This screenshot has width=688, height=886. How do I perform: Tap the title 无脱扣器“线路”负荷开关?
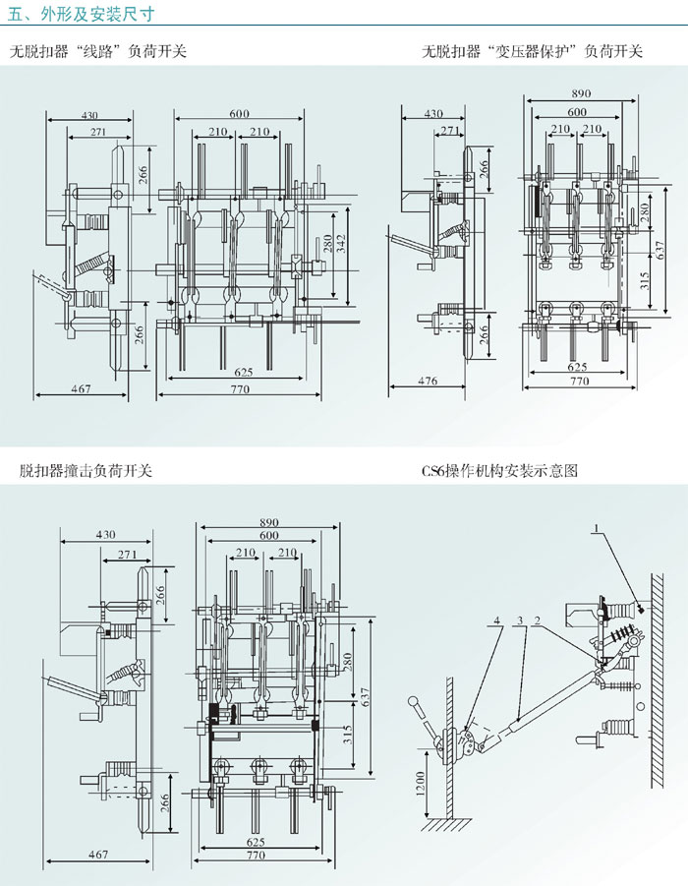coord(97,51)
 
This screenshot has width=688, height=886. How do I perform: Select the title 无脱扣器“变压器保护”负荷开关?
coord(532,51)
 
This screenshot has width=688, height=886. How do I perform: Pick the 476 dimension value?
coord(428,381)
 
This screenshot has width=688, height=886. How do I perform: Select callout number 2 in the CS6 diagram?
coord(538,620)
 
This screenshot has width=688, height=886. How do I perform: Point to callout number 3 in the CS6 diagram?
coord(518,620)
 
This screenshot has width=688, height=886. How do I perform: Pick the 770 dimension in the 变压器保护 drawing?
coord(579,381)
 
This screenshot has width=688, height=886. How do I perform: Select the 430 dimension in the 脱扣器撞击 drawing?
coord(105,535)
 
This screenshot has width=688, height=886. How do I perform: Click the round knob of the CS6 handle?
coord(416,701)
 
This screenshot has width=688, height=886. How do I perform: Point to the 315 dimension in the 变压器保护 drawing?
coord(644,281)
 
